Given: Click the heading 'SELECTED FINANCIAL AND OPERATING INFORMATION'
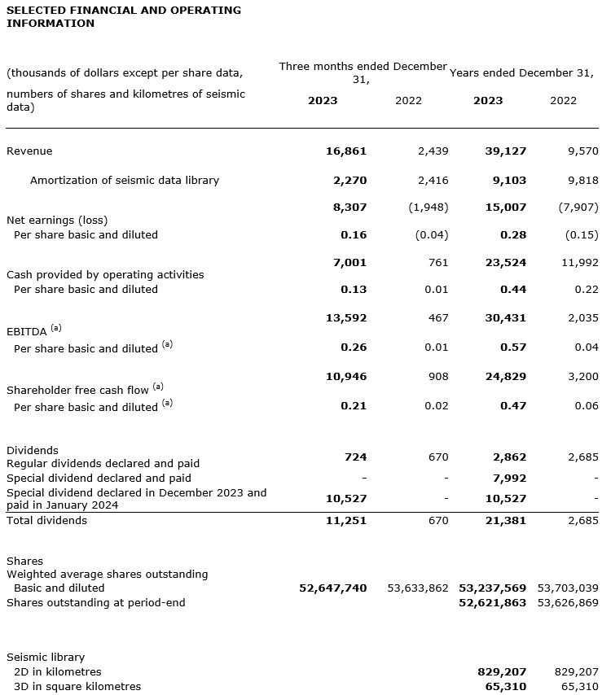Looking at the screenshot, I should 124,16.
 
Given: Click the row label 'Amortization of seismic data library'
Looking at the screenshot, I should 124,181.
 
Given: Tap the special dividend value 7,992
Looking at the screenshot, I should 509,479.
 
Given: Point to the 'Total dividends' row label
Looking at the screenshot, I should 46,521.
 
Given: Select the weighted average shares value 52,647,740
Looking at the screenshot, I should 333,588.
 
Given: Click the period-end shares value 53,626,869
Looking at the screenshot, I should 568,603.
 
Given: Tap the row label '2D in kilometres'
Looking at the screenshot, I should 58,672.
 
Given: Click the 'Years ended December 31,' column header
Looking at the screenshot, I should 521,72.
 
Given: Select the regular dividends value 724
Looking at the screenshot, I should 355,457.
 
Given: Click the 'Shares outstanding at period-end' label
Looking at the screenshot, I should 96,603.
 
